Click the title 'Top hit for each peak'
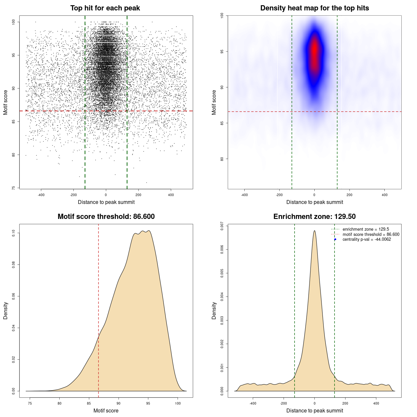click(x=105, y=8)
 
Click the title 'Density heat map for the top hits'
click(x=314, y=8)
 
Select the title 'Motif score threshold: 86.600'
click(x=106, y=217)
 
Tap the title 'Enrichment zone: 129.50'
click(x=314, y=217)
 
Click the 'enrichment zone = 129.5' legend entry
click(x=366, y=229)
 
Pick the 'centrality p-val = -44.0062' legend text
click(x=367, y=239)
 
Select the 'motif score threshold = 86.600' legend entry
click(x=371, y=235)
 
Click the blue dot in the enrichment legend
click(x=335, y=239)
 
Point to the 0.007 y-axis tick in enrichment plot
click(x=222, y=226)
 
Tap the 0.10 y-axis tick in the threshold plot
click(x=13, y=233)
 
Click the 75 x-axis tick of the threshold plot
click(x=30, y=403)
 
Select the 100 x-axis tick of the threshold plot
click(x=178, y=403)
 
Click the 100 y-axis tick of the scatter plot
click(x=13, y=22)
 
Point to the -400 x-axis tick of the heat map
click(x=244, y=195)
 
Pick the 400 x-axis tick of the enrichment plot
click(x=376, y=403)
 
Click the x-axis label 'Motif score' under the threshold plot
click(x=106, y=410)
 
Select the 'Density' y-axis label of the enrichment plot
click(x=214, y=310)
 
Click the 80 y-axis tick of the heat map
click(x=222, y=159)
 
